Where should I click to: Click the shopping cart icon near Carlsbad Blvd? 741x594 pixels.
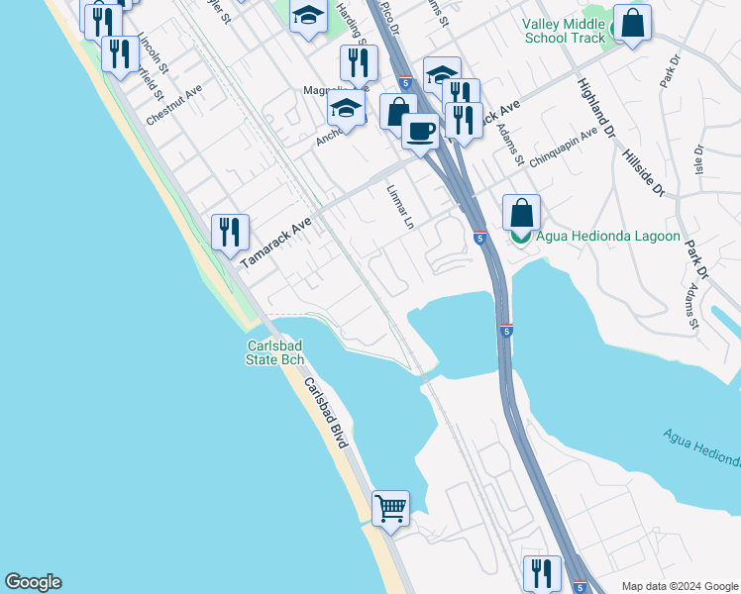pos(391,509)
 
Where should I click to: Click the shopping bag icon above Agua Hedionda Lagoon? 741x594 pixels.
pos(521,212)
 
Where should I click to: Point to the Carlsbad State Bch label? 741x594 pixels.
pos(274,351)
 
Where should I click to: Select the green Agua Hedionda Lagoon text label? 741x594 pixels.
pos(607,237)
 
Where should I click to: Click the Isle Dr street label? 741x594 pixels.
pos(698,163)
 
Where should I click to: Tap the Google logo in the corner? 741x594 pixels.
pos(33,582)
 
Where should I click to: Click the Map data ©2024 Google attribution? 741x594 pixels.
pos(679,586)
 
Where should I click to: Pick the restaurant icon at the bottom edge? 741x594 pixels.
pos(542,573)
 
